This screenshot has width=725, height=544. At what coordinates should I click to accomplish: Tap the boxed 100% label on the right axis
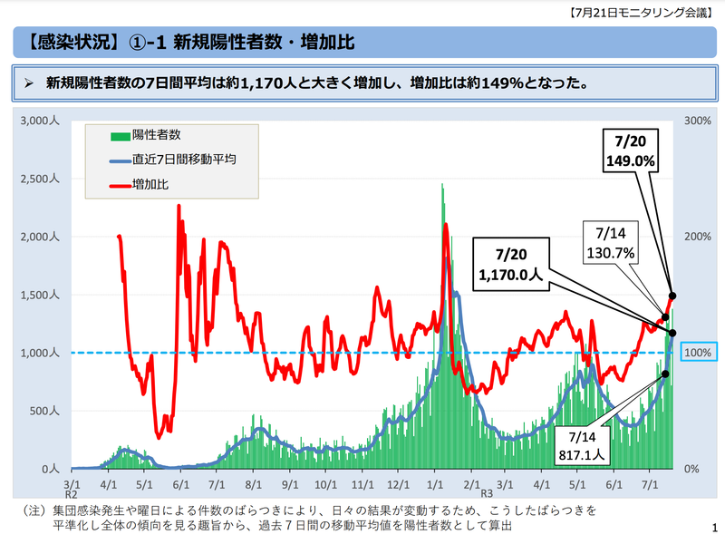[x=699, y=352]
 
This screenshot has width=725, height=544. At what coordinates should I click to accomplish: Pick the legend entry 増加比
[x=150, y=184]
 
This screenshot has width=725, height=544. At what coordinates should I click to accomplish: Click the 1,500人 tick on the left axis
[x=39, y=295]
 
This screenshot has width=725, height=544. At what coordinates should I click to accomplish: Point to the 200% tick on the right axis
[x=695, y=237]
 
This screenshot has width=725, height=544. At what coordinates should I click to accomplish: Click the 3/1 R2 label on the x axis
[x=72, y=491]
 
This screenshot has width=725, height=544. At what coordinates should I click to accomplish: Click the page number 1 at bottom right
[x=715, y=527]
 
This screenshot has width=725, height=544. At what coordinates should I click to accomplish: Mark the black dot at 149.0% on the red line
[x=672, y=296]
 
